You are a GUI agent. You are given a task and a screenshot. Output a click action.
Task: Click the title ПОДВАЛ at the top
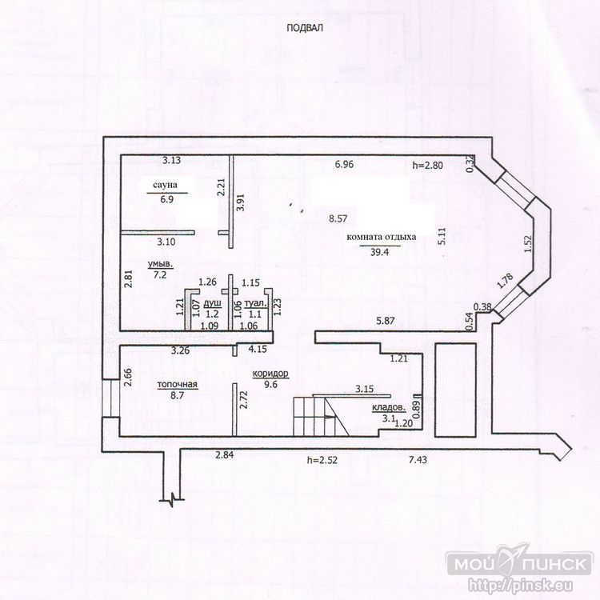(305, 28)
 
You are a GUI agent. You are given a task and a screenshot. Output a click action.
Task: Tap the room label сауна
(165, 186)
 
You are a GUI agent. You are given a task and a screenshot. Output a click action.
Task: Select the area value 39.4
(379, 251)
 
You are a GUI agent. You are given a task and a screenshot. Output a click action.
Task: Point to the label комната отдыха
(381, 238)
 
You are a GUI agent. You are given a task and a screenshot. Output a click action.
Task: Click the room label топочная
(178, 385)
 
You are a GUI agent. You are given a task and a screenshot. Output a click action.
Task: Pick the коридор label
(270, 374)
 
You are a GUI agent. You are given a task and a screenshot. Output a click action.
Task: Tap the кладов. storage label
(389, 408)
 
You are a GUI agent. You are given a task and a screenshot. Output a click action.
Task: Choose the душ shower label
(212, 304)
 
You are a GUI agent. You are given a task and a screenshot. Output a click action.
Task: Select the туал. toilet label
(256, 304)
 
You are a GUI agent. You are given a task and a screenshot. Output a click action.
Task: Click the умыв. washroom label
(161, 264)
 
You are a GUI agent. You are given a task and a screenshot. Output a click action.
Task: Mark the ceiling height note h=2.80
(428, 166)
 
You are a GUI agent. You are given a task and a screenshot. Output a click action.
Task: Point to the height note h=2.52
(322, 459)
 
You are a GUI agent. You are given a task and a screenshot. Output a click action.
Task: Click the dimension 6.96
(344, 165)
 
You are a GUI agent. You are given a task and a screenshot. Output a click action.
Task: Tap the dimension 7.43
(418, 459)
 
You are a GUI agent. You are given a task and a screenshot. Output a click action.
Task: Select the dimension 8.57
(338, 219)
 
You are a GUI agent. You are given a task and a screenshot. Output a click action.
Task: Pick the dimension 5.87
(386, 321)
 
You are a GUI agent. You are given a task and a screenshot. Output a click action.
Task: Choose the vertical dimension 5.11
(442, 236)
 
